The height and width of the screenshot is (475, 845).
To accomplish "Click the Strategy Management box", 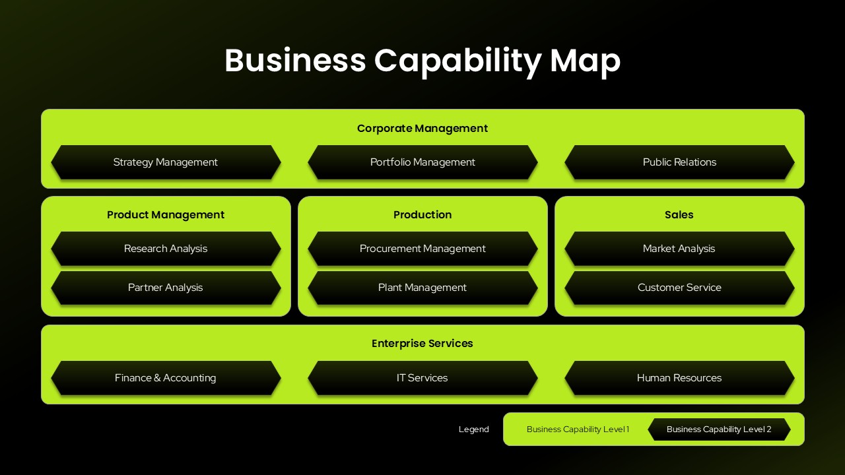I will tap(165, 162).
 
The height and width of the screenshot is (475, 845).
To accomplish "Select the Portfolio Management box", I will tap(422, 162).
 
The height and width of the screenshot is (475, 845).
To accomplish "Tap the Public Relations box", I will tap(679, 162).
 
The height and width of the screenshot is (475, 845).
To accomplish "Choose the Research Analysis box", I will tap(165, 249).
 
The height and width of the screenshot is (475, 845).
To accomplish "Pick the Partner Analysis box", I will tap(165, 288).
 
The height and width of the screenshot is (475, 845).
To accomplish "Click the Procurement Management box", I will tap(422, 249).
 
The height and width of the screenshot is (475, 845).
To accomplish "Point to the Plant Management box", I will tap(422, 288).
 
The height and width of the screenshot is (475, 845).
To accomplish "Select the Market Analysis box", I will tap(679, 249).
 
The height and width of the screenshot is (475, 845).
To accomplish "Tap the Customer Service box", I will tap(679, 288).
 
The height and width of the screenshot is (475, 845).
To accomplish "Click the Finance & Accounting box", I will tap(165, 378).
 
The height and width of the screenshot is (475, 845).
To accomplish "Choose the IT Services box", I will tap(422, 378).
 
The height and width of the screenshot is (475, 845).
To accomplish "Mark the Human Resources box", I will tap(679, 378).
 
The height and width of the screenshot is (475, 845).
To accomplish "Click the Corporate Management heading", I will tap(422, 129).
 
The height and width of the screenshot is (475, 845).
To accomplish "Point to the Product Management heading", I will tap(165, 215).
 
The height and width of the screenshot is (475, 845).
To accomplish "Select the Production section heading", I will tap(422, 215).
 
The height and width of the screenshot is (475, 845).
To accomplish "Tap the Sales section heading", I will tap(679, 215).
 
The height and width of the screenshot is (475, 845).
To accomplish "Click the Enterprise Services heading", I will tap(422, 344).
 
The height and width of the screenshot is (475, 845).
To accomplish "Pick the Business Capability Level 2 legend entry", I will tap(719, 429).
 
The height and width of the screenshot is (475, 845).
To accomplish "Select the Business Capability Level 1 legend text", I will tap(578, 429).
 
